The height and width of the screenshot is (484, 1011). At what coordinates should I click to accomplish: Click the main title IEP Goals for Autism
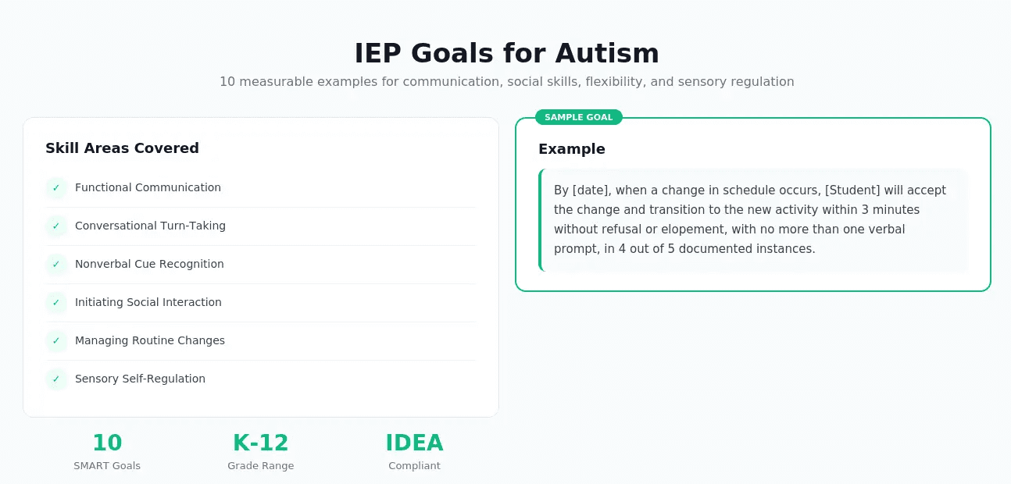point(506,53)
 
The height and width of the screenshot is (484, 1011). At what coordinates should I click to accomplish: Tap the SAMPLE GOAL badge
point(578,117)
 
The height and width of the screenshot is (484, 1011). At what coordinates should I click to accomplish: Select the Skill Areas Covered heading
point(122,148)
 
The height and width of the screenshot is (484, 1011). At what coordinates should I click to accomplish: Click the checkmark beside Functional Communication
point(56,188)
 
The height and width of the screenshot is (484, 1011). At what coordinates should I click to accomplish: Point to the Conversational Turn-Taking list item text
point(150,226)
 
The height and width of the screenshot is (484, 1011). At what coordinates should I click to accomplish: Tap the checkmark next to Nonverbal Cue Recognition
point(56,265)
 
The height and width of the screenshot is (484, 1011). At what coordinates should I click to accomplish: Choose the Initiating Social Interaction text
point(148,302)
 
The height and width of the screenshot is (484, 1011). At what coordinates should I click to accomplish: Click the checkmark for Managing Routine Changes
point(56,341)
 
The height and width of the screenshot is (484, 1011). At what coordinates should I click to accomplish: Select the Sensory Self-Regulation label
point(140,379)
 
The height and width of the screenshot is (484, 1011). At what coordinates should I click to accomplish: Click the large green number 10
point(107,443)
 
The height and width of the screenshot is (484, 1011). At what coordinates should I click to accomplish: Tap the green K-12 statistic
point(261,443)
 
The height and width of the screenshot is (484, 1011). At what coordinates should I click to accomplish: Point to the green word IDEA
point(414,443)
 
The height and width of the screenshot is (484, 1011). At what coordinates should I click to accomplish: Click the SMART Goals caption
point(107,466)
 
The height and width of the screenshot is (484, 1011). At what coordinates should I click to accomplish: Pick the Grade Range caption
point(261,466)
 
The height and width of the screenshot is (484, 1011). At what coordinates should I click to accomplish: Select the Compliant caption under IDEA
point(414,466)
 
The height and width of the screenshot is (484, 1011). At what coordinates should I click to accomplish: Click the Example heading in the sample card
point(571,149)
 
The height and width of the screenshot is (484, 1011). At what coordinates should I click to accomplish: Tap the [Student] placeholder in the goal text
point(852,190)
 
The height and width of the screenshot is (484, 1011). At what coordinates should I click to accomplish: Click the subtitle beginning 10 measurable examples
point(506,81)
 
